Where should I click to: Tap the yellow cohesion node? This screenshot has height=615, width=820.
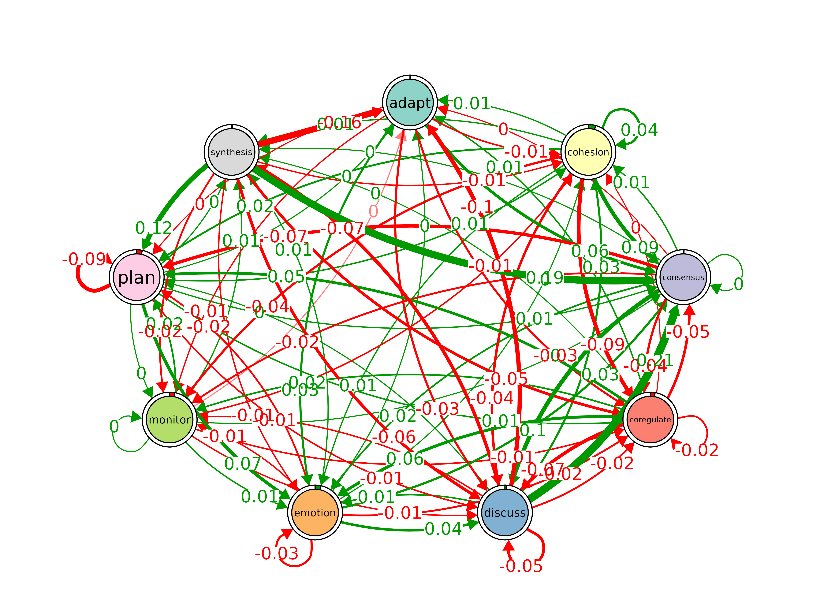pyautogui.click(x=588, y=152)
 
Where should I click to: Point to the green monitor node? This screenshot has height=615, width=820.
pyautogui.click(x=170, y=420)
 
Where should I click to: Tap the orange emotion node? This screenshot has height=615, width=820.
pyautogui.click(x=315, y=513)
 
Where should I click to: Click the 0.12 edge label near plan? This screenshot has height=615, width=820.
pyautogui.click(x=154, y=228)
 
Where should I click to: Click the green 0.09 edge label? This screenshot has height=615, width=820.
pyautogui.click(x=640, y=247)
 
